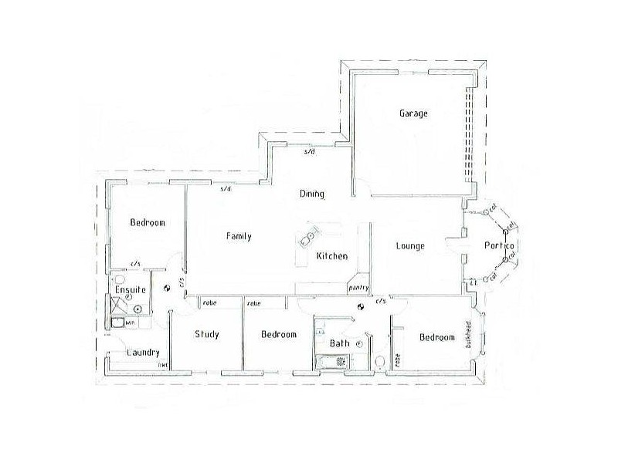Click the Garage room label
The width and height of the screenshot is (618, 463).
[413, 113]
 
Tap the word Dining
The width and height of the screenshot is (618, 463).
[311, 194]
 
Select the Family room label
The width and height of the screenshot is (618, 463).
[238, 237]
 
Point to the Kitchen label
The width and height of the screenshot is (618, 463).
[332, 256]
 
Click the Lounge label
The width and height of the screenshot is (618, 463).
[410, 247]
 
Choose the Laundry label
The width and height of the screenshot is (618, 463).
[142, 353]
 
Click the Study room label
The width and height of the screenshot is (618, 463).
[207, 334]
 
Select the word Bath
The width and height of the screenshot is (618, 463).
[340, 343]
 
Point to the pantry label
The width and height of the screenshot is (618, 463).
[357, 288]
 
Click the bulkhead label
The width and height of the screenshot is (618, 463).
[468, 335]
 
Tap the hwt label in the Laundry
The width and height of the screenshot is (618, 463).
[163, 364]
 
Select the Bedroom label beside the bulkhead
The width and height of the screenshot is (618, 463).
[436, 337]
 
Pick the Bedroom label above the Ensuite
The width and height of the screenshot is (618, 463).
[148, 223]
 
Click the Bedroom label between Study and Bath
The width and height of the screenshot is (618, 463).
[278, 335]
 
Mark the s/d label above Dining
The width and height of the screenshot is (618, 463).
[310, 152]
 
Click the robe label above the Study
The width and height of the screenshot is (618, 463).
[210, 303]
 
